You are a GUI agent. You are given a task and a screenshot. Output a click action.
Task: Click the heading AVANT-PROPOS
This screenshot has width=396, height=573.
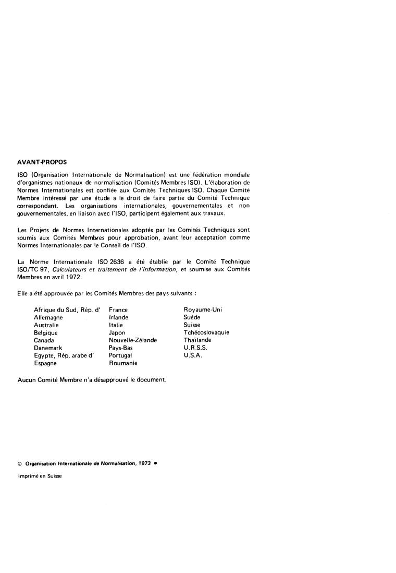point(42,162)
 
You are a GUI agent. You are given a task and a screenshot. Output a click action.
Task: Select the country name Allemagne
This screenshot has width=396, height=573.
point(48,317)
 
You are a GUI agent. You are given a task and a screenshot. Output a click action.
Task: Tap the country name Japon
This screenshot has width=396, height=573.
point(117,332)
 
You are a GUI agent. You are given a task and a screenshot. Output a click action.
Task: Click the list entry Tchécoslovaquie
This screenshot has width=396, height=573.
point(206,332)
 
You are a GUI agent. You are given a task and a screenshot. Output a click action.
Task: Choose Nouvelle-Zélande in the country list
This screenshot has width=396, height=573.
point(132,340)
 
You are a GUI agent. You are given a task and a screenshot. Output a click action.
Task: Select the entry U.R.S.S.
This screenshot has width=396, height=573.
point(195,348)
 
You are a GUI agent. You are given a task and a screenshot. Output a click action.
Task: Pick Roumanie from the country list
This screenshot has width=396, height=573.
point(123,363)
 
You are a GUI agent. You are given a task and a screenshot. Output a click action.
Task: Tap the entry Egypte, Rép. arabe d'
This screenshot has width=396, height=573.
point(67,355)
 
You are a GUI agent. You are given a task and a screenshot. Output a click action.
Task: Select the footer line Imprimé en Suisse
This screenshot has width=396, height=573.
point(40,475)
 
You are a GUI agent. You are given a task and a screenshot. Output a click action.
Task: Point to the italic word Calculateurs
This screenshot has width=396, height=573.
point(71,269)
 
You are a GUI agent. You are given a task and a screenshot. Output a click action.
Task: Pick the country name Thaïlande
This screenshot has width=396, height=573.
point(197,340)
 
